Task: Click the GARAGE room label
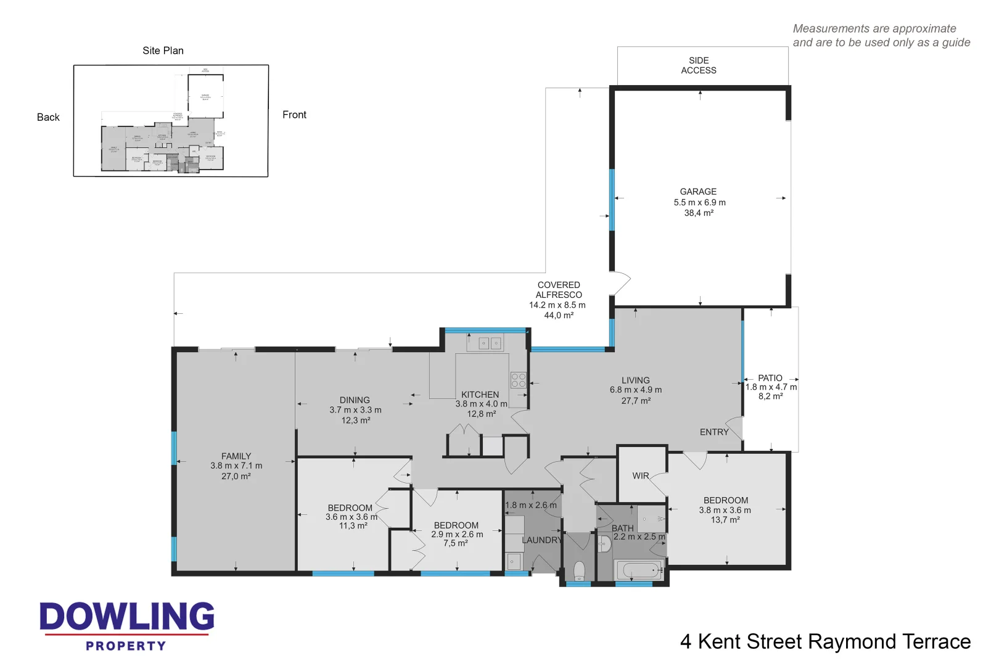coord(698,192)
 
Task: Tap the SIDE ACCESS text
coord(699,65)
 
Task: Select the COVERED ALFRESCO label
coord(559,290)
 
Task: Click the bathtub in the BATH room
coord(638,570)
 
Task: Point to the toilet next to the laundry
coord(579,570)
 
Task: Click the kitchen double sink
coord(490,343)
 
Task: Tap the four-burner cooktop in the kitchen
coord(518,380)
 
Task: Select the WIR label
coord(640,476)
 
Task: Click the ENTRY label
coord(713,432)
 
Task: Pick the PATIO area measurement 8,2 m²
coord(770,397)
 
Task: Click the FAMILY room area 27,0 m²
coord(236,476)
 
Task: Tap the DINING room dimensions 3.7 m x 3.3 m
coord(355,410)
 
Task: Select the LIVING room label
coord(635,380)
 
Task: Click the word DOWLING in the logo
coord(127,617)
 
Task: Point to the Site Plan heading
coord(163,51)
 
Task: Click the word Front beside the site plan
coord(294,115)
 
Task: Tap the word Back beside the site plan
coord(48,117)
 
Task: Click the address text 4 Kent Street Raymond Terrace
coord(825,642)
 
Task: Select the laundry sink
coord(514,561)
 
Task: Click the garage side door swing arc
coord(622,284)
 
